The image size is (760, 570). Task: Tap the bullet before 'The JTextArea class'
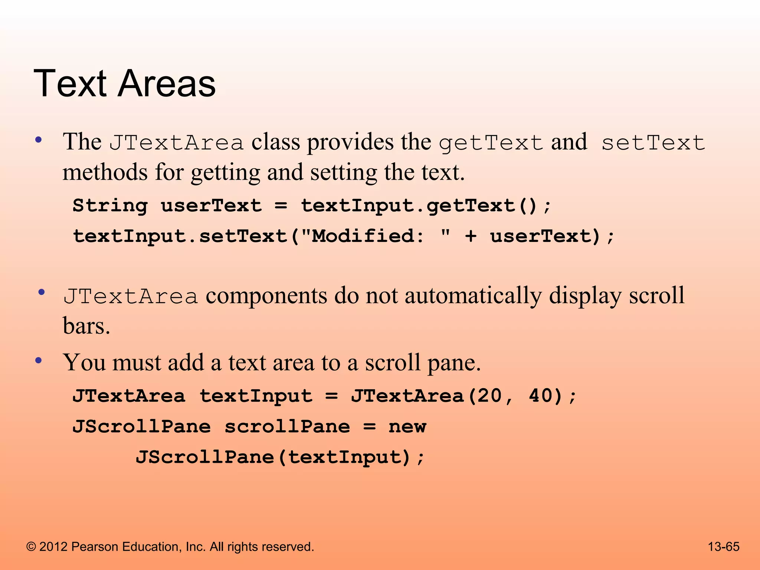coord(38,140)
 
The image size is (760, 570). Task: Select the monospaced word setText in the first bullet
coord(653,143)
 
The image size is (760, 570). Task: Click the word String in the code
coord(110,206)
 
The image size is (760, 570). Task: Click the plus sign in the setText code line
coord(471,236)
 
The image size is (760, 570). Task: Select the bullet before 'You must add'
coord(38,360)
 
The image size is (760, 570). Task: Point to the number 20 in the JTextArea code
coord(489,396)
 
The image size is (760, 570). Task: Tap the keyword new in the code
coord(407,427)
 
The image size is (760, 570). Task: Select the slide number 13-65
coord(724,547)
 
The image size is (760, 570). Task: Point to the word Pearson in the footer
coord(94,547)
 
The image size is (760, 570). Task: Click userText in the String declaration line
coord(211,206)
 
